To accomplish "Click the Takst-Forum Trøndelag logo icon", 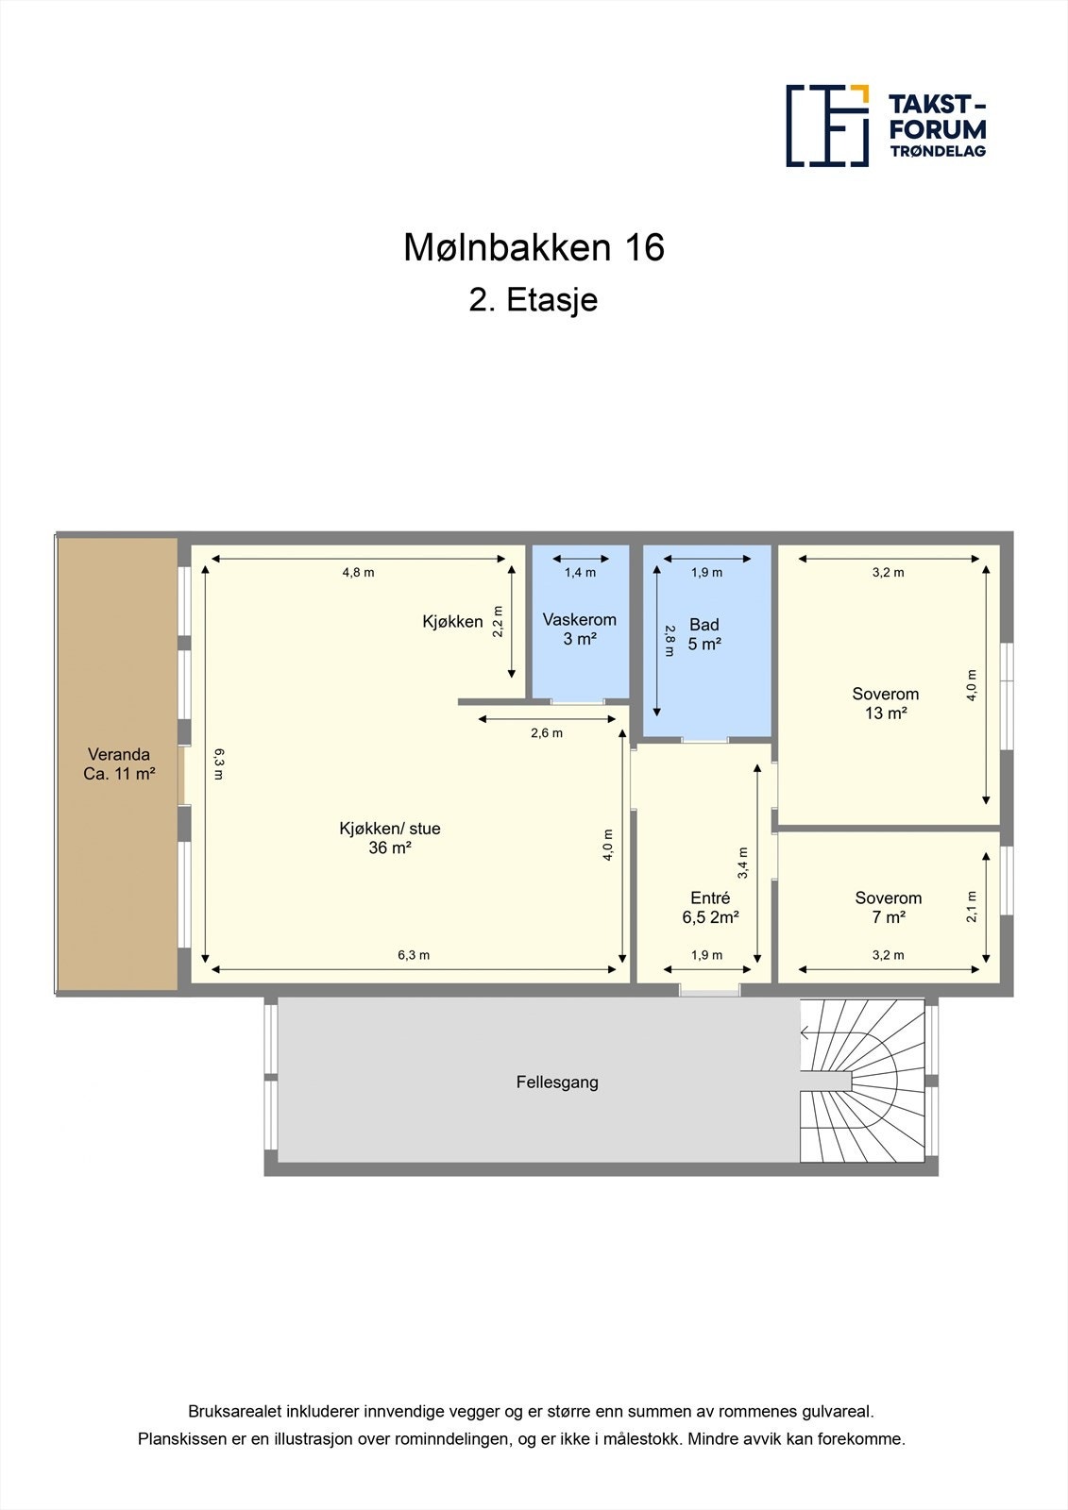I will (827, 126).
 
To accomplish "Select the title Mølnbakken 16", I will (534, 247).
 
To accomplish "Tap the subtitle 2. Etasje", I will (534, 300).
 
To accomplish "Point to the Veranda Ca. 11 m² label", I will (119, 764).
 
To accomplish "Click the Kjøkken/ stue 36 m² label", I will (390, 838).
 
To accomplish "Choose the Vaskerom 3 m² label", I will (579, 629).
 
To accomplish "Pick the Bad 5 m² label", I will (704, 634).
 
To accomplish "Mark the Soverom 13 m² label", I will (886, 703).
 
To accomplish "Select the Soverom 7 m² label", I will (889, 907).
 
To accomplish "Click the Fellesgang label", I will (557, 1082).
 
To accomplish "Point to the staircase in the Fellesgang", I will (862, 1082).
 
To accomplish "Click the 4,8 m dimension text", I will (358, 572).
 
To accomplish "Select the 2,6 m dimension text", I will (547, 733).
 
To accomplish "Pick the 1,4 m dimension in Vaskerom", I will (580, 572).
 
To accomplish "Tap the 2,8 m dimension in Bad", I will (670, 640).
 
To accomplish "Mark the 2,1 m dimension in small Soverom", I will (972, 907).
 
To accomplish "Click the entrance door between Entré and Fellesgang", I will (709, 991).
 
